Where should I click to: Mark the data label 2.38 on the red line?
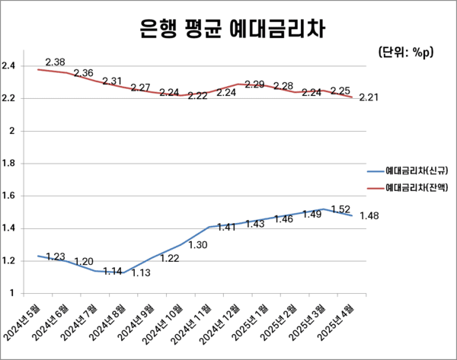tap(56, 62)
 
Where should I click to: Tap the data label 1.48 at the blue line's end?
tap(369, 216)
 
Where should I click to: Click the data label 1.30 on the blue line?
tap(198, 245)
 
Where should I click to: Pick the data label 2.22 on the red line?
tap(198, 96)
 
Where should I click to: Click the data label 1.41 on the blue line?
tap(226, 227)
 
